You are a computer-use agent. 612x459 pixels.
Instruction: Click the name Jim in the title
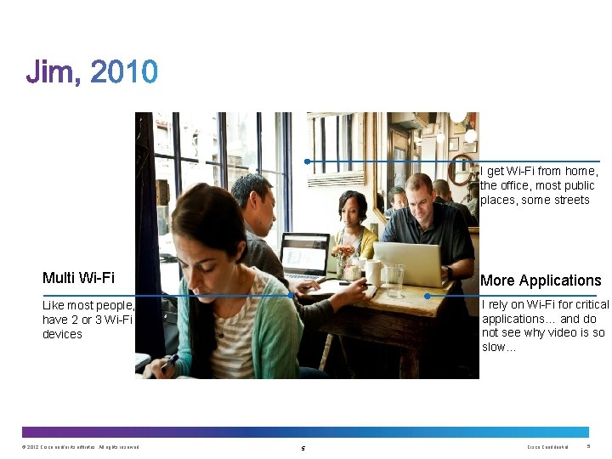pos(53,73)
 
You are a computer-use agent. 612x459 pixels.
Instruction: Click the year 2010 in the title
pos(123,73)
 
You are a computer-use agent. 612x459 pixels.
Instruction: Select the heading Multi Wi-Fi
pos(78,278)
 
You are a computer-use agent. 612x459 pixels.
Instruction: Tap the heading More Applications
pos(541,280)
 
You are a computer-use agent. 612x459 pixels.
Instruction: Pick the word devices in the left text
pos(62,335)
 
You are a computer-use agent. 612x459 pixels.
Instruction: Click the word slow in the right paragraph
pos(498,348)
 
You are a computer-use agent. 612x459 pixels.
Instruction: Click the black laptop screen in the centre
pos(304,253)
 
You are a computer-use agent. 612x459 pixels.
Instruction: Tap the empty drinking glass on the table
pos(394,280)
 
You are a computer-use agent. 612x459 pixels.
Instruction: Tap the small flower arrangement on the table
pos(343,255)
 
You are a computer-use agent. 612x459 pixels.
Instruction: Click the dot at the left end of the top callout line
pos(307,161)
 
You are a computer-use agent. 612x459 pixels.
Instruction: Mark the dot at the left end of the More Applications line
pos(427,296)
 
